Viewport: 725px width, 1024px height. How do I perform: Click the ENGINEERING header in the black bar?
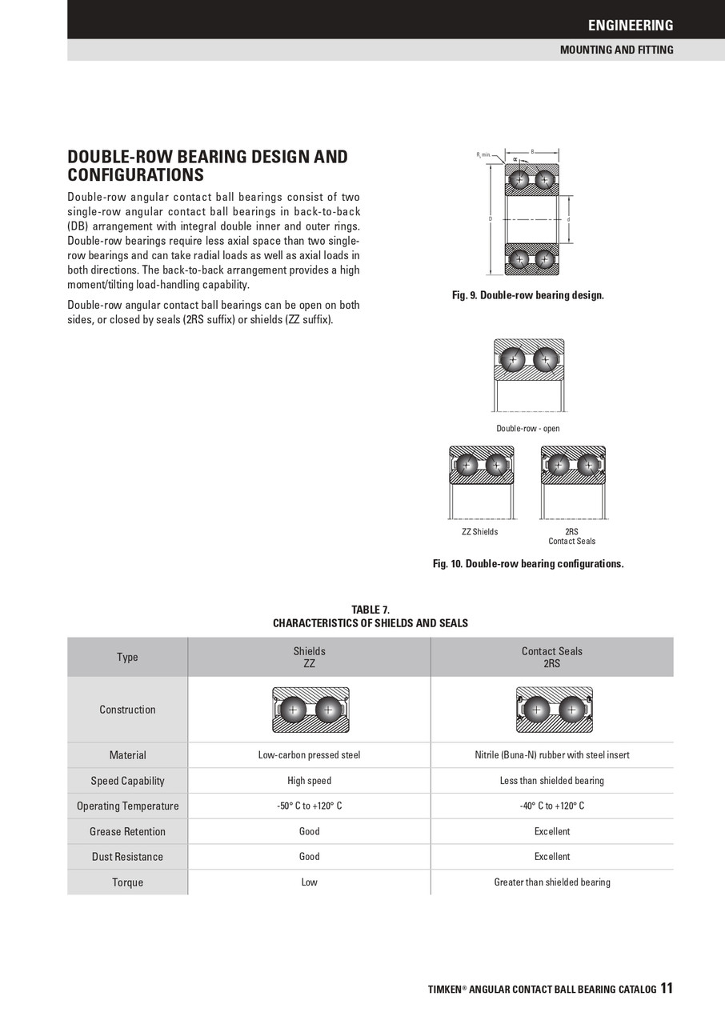(631, 25)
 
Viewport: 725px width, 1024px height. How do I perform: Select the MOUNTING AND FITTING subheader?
(616, 50)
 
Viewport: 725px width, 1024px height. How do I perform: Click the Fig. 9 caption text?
(527, 295)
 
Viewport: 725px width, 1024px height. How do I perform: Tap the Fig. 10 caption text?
(527, 563)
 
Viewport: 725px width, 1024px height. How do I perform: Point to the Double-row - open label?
(527, 428)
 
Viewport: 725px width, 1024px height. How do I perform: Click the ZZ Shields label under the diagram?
(479, 532)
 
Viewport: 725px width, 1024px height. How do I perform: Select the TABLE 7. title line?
(371, 610)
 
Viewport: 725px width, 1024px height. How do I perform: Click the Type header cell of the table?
(127, 657)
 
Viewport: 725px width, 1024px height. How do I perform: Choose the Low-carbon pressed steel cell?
(309, 754)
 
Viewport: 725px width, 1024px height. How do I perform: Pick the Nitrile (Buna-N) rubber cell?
(551, 754)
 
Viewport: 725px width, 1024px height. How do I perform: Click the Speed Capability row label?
(127, 781)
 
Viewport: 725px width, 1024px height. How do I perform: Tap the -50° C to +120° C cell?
(309, 806)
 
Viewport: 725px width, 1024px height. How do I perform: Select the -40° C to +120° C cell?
(551, 806)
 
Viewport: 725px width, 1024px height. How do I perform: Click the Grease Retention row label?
(127, 832)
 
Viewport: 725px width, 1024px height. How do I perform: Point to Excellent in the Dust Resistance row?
(551, 857)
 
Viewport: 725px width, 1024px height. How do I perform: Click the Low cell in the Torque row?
(309, 882)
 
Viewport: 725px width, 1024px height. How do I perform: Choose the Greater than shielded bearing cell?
(551, 882)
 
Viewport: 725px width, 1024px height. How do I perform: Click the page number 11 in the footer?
(667, 989)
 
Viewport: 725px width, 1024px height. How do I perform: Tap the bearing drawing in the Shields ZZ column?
(310, 710)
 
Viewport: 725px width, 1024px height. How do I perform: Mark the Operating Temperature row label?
(127, 806)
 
